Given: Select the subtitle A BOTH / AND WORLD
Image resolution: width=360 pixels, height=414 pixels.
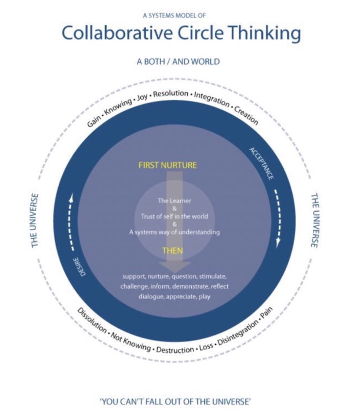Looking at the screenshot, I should click(178, 62).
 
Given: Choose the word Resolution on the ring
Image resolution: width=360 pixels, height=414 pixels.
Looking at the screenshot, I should click(171, 93).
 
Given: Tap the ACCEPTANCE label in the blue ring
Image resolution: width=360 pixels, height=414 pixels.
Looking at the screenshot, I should click(262, 164).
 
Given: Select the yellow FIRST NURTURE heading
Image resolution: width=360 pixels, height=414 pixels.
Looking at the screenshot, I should click(167, 165).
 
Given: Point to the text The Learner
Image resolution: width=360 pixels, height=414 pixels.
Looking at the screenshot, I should click(174, 200).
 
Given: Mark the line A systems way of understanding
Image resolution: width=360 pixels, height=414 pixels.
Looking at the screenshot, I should click(174, 232).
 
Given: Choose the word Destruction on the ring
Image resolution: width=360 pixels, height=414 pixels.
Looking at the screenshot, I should click(175, 350).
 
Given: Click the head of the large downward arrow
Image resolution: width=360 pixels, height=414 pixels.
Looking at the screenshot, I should click(175, 266).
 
